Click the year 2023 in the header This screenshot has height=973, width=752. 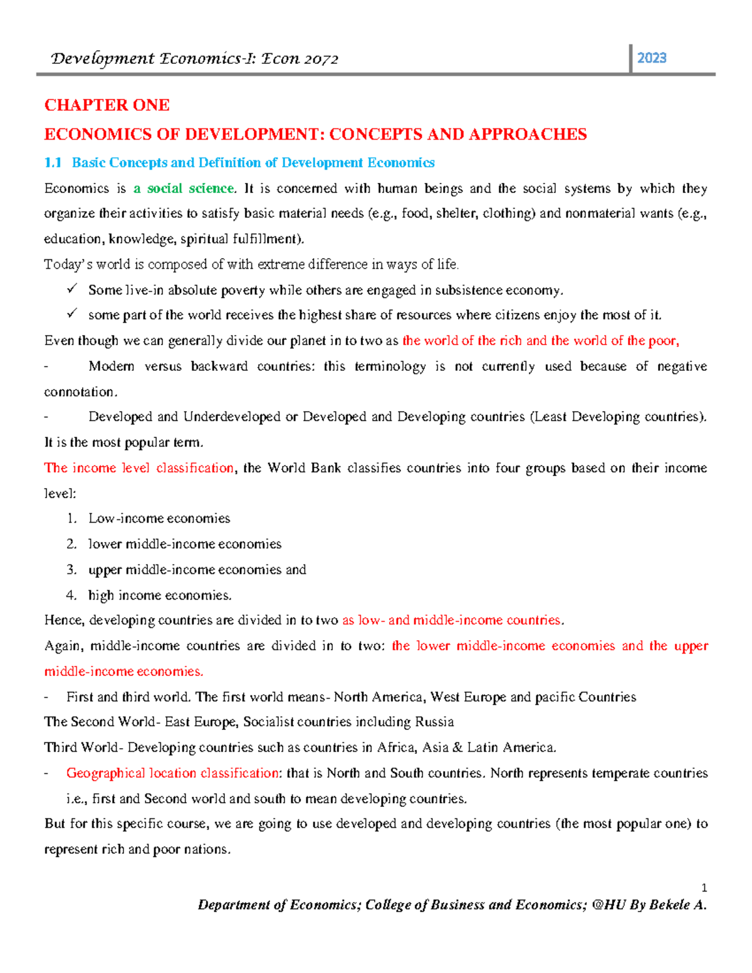pyautogui.click(x=651, y=58)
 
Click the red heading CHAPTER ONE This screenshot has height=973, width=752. pyautogui.click(x=107, y=105)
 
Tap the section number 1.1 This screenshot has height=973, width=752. pyautogui.click(x=53, y=163)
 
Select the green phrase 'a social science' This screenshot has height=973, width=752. pyautogui.click(x=184, y=189)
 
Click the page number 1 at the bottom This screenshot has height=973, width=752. pyautogui.click(x=704, y=888)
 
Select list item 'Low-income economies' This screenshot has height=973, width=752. pyautogui.click(x=159, y=519)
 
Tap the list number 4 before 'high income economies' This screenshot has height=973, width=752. pyautogui.click(x=71, y=595)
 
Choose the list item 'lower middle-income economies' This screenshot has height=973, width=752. pyautogui.click(x=185, y=544)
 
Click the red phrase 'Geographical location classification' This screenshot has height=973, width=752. pyautogui.click(x=172, y=773)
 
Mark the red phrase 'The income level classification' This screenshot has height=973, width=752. pyautogui.click(x=138, y=468)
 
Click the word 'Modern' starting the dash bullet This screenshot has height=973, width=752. pyautogui.click(x=112, y=367)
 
